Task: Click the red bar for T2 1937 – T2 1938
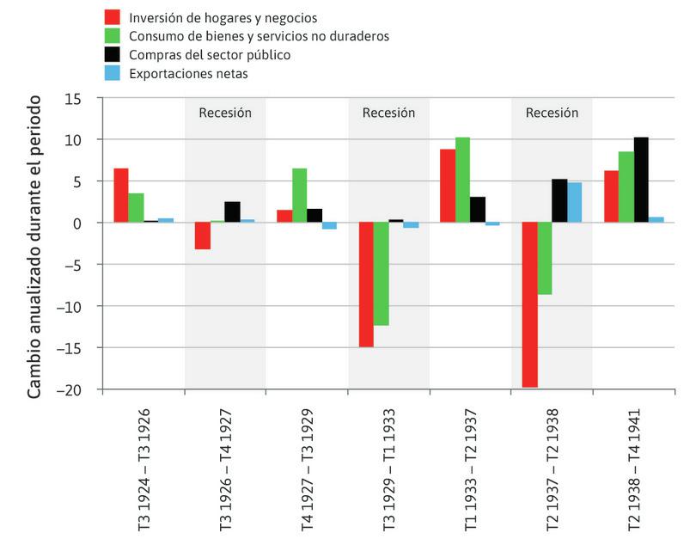click(529, 304)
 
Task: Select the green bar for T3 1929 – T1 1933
click(382, 273)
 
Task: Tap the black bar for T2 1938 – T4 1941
click(641, 180)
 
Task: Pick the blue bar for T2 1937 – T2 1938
click(575, 202)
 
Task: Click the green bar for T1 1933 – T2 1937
click(463, 180)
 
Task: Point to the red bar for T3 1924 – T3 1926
click(121, 195)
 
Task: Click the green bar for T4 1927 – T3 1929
click(300, 195)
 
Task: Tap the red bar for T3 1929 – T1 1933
click(366, 285)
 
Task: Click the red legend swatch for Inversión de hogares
click(112, 17)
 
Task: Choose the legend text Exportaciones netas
click(188, 74)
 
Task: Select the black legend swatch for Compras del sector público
click(112, 55)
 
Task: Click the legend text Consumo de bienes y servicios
click(259, 36)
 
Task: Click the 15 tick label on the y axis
click(82, 98)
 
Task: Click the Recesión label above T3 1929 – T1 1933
click(388, 113)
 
